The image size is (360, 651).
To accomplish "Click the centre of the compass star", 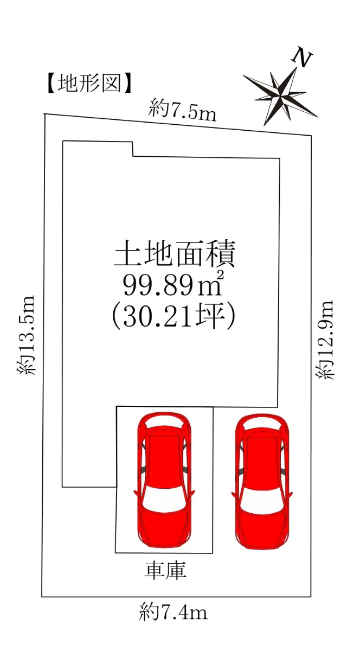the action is coord(280,94).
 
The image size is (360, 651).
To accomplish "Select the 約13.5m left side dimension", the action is coord(27,335).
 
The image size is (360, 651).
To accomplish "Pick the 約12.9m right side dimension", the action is coord(325,340).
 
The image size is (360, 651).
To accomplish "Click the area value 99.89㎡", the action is coord(173,284).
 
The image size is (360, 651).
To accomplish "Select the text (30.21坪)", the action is coord(173,316).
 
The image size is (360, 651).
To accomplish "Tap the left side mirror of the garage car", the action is coord(137,493).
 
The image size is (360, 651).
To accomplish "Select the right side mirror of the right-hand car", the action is coord(290,494).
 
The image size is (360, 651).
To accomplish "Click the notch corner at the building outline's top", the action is coord(133,156).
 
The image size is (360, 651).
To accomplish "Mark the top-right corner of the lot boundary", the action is coord(312,136).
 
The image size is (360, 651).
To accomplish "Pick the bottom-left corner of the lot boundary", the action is coord(42,597).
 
